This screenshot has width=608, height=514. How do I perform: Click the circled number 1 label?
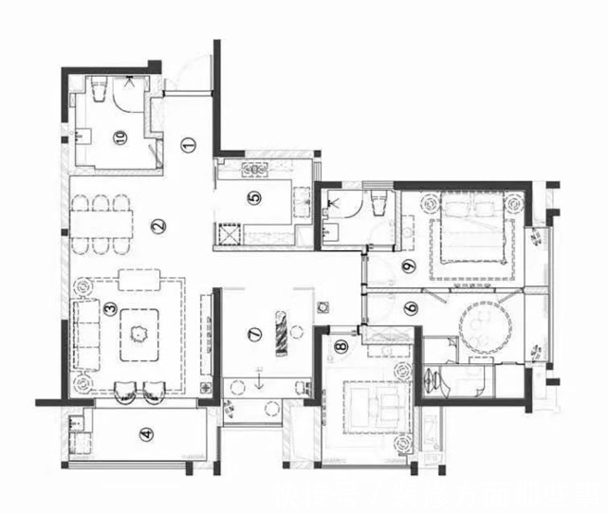(x=188, y=145)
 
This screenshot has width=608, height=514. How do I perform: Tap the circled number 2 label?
(x=158, y=226)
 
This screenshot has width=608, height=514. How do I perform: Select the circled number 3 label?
(x=111, y=308)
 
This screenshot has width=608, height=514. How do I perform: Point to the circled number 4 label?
(x=146, y=434)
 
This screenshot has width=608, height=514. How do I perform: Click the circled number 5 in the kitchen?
(x=254, y=198)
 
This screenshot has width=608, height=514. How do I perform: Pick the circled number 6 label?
(x=411, y=308)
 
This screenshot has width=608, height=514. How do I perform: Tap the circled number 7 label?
(x=254, y=334)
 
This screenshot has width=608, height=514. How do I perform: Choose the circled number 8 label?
(x=341, y=346)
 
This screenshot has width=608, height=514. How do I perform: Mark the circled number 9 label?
(x=409, y=266)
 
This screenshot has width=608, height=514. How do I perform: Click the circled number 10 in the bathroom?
(x=120, y=138)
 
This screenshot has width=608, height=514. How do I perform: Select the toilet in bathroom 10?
(x=99, y=88)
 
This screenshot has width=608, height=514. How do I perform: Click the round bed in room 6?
(x=486, y=327)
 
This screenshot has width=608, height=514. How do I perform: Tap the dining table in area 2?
(x=101, y=224)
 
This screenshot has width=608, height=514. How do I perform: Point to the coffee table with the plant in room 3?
(x=139, y=335)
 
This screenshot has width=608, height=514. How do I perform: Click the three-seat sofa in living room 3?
(x=86, y=335)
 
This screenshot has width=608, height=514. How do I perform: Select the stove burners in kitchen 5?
(x=255, y=170)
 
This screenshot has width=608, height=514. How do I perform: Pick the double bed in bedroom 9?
(x=472, y=228)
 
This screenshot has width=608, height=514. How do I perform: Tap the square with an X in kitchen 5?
(x=230, y=234)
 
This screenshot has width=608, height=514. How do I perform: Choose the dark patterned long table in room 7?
(x=281, y=334)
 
